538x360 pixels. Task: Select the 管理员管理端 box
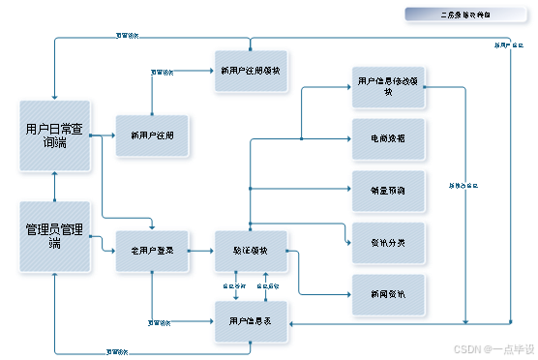pos(54,236)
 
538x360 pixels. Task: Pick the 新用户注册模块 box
pos(251,71)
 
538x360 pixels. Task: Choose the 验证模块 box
pos(251,250)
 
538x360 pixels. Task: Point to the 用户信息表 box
pos(251,320)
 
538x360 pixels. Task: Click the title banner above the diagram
pos(467,15)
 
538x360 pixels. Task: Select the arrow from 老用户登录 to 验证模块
pos(201,251)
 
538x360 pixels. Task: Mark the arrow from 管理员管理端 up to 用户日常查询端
pos(55,186)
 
